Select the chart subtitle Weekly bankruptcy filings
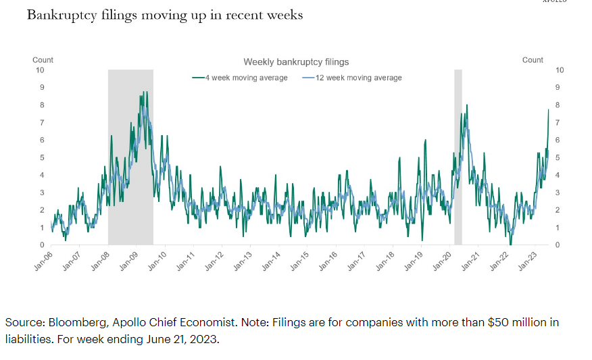296,62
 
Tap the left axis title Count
43,60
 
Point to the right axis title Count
533,60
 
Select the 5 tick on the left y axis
42,157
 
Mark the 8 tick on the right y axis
557,105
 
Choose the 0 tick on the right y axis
557,245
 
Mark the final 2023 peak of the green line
548,109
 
